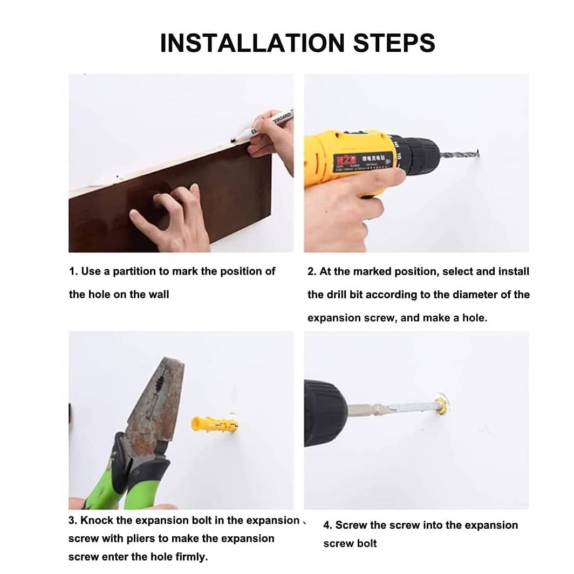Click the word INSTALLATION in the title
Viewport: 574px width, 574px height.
(x=252, y=43)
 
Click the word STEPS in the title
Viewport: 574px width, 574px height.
(x=394, y=43)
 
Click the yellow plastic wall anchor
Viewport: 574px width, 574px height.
(x=215, y=424)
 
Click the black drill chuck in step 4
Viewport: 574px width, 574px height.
(x=325, y=413)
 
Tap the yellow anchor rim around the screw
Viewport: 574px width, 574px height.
(x=441, y=404)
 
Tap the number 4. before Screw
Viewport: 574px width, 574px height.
(x=327, y=525)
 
